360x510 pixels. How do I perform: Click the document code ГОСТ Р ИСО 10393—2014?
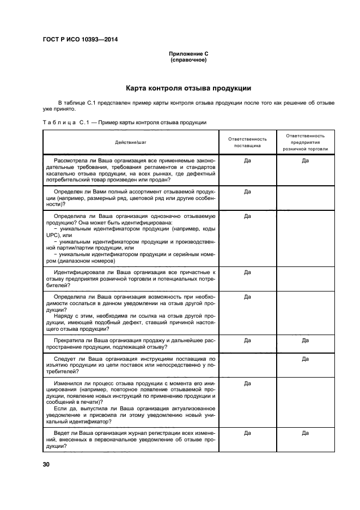(80, 39)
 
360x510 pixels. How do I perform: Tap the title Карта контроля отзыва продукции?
(188, 88)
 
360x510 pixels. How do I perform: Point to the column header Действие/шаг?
(131, 142)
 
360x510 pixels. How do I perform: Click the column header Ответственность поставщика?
(247, 142)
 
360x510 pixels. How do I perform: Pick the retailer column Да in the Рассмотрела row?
(305, 161)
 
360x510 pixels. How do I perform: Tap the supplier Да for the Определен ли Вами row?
(247, 192)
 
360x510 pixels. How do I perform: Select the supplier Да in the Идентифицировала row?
(247, 272)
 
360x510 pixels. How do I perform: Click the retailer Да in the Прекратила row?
(305, 340)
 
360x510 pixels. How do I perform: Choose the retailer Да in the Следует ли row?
(305, 359)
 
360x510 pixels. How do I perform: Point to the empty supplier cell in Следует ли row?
(247, 366)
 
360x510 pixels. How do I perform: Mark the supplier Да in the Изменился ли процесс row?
(247, 384)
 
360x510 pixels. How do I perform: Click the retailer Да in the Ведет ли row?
(305, 433)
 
